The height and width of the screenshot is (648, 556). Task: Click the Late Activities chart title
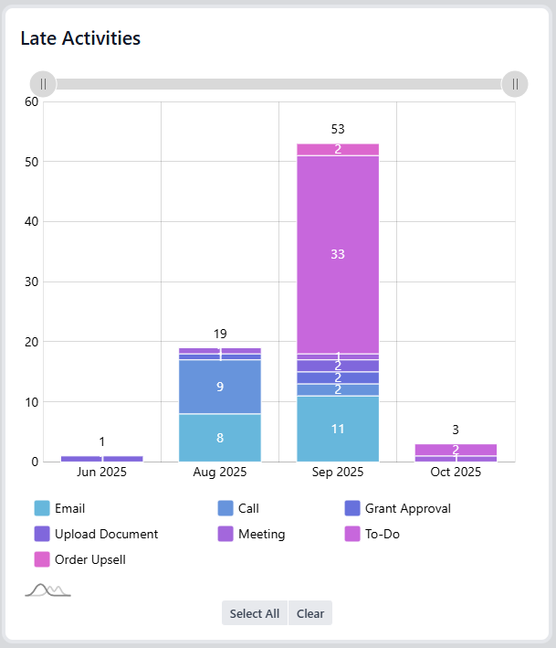pos(80,37)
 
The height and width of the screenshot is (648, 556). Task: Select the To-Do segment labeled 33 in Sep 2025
pos(338,254)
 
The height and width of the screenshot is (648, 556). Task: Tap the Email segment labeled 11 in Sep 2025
pos(338,429)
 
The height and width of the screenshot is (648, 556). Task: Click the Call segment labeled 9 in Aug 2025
pos(220,387)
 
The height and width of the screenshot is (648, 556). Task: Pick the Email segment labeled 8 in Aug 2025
pos(220,438)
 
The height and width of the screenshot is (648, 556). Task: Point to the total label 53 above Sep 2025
pos(338,129)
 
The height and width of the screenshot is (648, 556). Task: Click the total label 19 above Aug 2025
pos(220,334)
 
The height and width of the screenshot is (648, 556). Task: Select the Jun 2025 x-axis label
pos(102,473)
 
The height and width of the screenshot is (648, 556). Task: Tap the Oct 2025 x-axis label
pos(456,473)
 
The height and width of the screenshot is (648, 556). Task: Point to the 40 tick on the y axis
pos(31,221)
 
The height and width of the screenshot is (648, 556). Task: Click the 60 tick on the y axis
pos(31,101)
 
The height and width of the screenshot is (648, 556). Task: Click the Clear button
pos(310,613)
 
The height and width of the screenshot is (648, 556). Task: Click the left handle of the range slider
pos(43,84)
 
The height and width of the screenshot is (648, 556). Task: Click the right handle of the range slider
pos(515,84)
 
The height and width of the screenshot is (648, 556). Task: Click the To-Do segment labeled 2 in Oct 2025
pos(456,450)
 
